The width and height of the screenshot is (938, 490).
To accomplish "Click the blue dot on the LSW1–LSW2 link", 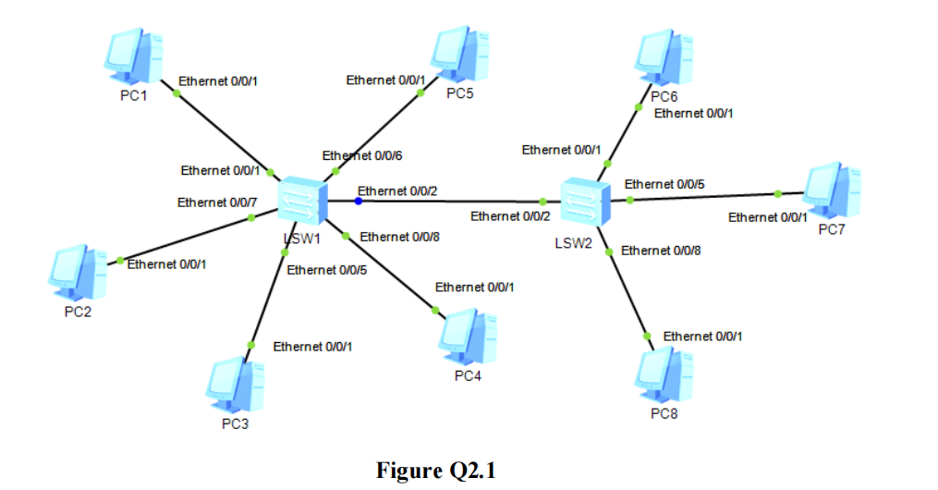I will coord(358,201).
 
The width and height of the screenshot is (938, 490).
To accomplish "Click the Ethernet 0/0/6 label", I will coord(361,157).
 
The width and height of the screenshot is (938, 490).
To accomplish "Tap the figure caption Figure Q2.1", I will coord(436,470).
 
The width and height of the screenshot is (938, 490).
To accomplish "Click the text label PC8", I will coord(664,413).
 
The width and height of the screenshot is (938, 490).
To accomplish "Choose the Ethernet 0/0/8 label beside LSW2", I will coord(661,251).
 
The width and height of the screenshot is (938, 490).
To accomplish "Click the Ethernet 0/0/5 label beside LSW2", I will coord(664,184).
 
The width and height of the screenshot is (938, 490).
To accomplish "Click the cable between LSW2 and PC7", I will coord(702,197).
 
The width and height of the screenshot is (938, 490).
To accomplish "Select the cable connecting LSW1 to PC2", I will coord(185,240).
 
